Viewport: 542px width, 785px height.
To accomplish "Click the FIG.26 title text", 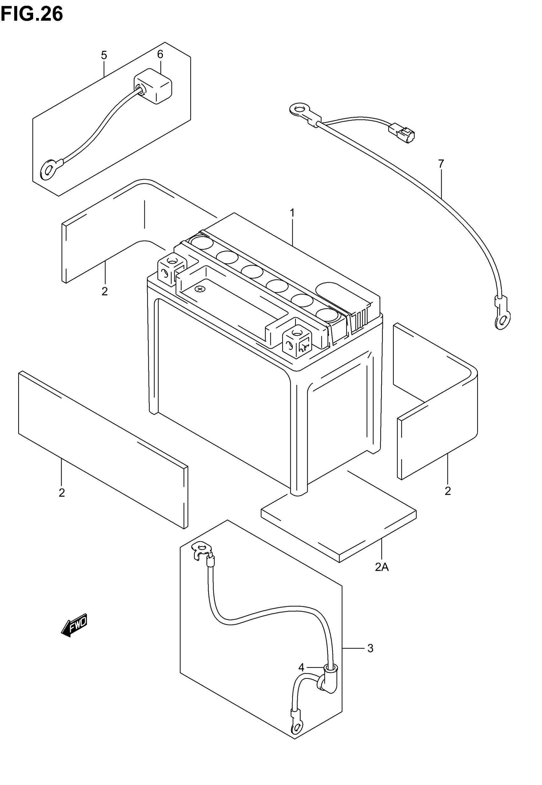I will pyautogui.click(x=32, y=14).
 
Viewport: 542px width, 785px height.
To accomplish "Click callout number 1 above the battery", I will pyautogui.click(x=292, y=213).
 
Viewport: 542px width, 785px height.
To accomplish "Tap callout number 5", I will pyautogui.click(x=104, y=55).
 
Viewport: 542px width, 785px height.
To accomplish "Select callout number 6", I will pyautogui.click(x=160, y=54).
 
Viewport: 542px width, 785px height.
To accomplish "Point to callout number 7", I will pyautogui.click(x=441, y=164).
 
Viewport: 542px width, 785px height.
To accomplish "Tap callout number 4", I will pyautogui.click(x=301, y=668).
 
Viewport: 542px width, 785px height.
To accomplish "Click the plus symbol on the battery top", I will pyautogui.click(x=200, y=289).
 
